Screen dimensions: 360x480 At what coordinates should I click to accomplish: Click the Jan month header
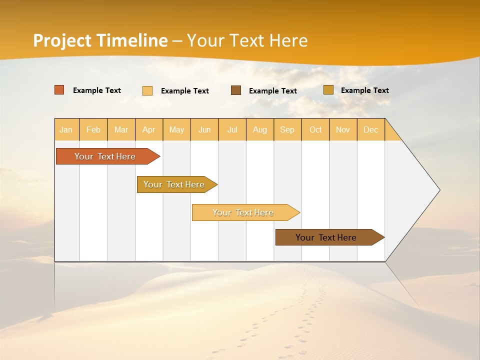pyautogui.click(x=66, y=129)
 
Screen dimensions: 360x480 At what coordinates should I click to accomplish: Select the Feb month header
pyautogui.click(x=93, y=129)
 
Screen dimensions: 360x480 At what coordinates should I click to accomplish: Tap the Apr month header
pyautogui.click(x=149, y=129)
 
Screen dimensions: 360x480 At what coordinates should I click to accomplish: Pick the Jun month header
pyautogui.click(x=204, y=129)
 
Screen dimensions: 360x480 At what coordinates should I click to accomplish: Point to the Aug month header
pyautogui.click(x=260, y=129)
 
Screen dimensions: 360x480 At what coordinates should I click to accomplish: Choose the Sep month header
pyautogui.click(x=287, y=129)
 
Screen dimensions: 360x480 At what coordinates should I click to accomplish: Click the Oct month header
pyautogui.click(x=315, y=129)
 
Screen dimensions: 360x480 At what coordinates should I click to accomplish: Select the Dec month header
pyautogui.click(x=371, y=129)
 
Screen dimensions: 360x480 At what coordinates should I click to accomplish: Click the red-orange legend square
pyautogui.click(x=59, y=90)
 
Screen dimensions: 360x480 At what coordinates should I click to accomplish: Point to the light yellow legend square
pyautogui.click(x=147, y=90)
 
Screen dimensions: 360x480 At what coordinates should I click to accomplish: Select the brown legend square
pyautogui.click(x=236, y=90)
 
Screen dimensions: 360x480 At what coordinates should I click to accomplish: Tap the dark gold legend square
pyautogui.click(x=328, y=90)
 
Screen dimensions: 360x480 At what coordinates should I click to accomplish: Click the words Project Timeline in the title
pyautogui.click(x=100, y=40)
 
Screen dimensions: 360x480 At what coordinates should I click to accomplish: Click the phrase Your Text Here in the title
pyautogui.click(x=247, y=40)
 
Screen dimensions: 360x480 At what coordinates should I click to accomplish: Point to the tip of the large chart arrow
pyautogui.click(x=439, y=190)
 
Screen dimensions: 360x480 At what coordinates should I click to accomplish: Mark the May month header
pyautogui.click(x=176, y=129)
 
